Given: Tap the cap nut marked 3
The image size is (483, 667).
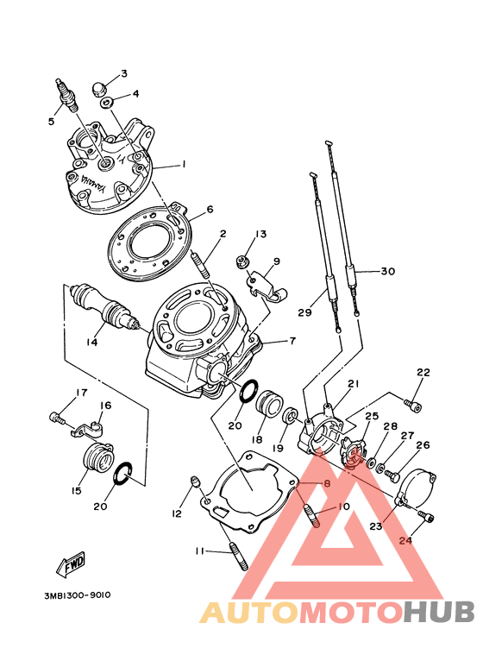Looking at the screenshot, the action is pos(99,90).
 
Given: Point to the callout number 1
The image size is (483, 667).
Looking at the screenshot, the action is pos(184,164).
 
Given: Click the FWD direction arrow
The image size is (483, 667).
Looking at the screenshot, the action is pos(71,564).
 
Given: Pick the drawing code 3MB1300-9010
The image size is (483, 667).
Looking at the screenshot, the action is pos(78,595).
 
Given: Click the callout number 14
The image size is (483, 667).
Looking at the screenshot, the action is pos(91,342).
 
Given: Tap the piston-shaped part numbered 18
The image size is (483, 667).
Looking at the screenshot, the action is pos(270,406).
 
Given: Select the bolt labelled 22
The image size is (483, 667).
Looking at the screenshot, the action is pos(412,405).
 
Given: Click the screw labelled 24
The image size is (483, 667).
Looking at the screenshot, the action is pos(427,515).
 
